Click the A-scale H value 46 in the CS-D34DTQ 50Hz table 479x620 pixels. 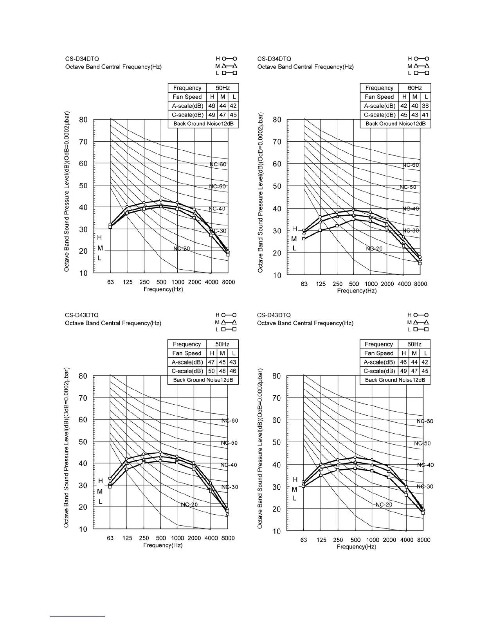212,106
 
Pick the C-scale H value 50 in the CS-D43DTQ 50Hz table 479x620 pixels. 211,371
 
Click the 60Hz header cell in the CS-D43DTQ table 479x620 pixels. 414,344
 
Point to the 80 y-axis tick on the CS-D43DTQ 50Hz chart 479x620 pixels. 83,376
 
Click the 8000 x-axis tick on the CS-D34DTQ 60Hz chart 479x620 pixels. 421,284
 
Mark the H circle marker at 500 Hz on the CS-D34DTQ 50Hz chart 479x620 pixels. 161,200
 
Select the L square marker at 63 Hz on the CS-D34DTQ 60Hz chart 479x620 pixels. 304,239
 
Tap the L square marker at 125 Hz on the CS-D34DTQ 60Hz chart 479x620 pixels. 320,230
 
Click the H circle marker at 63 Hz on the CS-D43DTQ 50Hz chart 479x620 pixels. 110,478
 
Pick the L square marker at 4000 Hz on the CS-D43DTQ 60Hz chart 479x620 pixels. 406,495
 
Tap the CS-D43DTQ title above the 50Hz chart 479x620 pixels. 82,315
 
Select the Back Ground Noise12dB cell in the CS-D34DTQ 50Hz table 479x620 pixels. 203,123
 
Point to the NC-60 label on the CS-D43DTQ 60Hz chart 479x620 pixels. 425,421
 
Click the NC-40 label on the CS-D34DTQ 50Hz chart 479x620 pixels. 217,209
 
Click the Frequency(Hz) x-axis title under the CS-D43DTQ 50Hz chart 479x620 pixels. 163,545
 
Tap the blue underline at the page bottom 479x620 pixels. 78,616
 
